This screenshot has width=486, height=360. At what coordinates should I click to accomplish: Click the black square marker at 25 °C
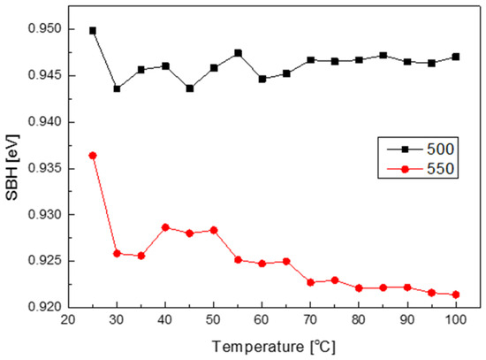click(x=93, y=31)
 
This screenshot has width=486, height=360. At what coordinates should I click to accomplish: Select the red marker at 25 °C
click(x=93, y=156)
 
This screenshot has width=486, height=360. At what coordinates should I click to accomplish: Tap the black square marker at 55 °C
click(x=238, y=53)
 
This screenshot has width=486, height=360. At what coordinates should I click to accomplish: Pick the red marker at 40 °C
click(x=165, y=227)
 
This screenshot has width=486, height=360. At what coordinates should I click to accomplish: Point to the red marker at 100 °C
click(x=456, y=295)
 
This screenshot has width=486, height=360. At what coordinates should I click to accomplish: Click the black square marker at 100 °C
click(x=456, y=57)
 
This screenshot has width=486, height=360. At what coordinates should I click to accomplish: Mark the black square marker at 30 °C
click(x=117, y=88)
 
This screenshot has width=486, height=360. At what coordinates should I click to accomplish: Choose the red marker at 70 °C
click(x=310, y=282)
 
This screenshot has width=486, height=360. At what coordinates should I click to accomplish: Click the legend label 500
click(x=440, y=149)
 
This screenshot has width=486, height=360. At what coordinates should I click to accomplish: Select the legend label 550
click(x=440, y=169)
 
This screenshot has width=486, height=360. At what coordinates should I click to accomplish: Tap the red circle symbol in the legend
click(x=405, y=169)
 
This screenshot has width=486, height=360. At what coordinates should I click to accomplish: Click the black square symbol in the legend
click(x=405, y=149)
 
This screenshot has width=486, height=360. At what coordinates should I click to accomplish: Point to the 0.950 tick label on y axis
click(x=45, y=29)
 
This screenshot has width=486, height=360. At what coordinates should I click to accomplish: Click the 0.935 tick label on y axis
click(x=45, y=169)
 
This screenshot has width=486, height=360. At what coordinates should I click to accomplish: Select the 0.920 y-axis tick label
click(x=45, y=307)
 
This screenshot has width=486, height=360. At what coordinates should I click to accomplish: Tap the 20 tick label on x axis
click(x=68, y=319)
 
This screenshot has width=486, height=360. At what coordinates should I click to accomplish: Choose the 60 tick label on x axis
click(x=262, y=319)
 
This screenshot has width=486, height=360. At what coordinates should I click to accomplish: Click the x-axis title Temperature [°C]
click(x=274, y=347)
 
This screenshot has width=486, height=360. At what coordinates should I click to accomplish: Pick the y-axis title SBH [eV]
click(x=12, y=167)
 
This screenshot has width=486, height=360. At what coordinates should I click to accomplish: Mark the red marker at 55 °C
click(x=238, y=260)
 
